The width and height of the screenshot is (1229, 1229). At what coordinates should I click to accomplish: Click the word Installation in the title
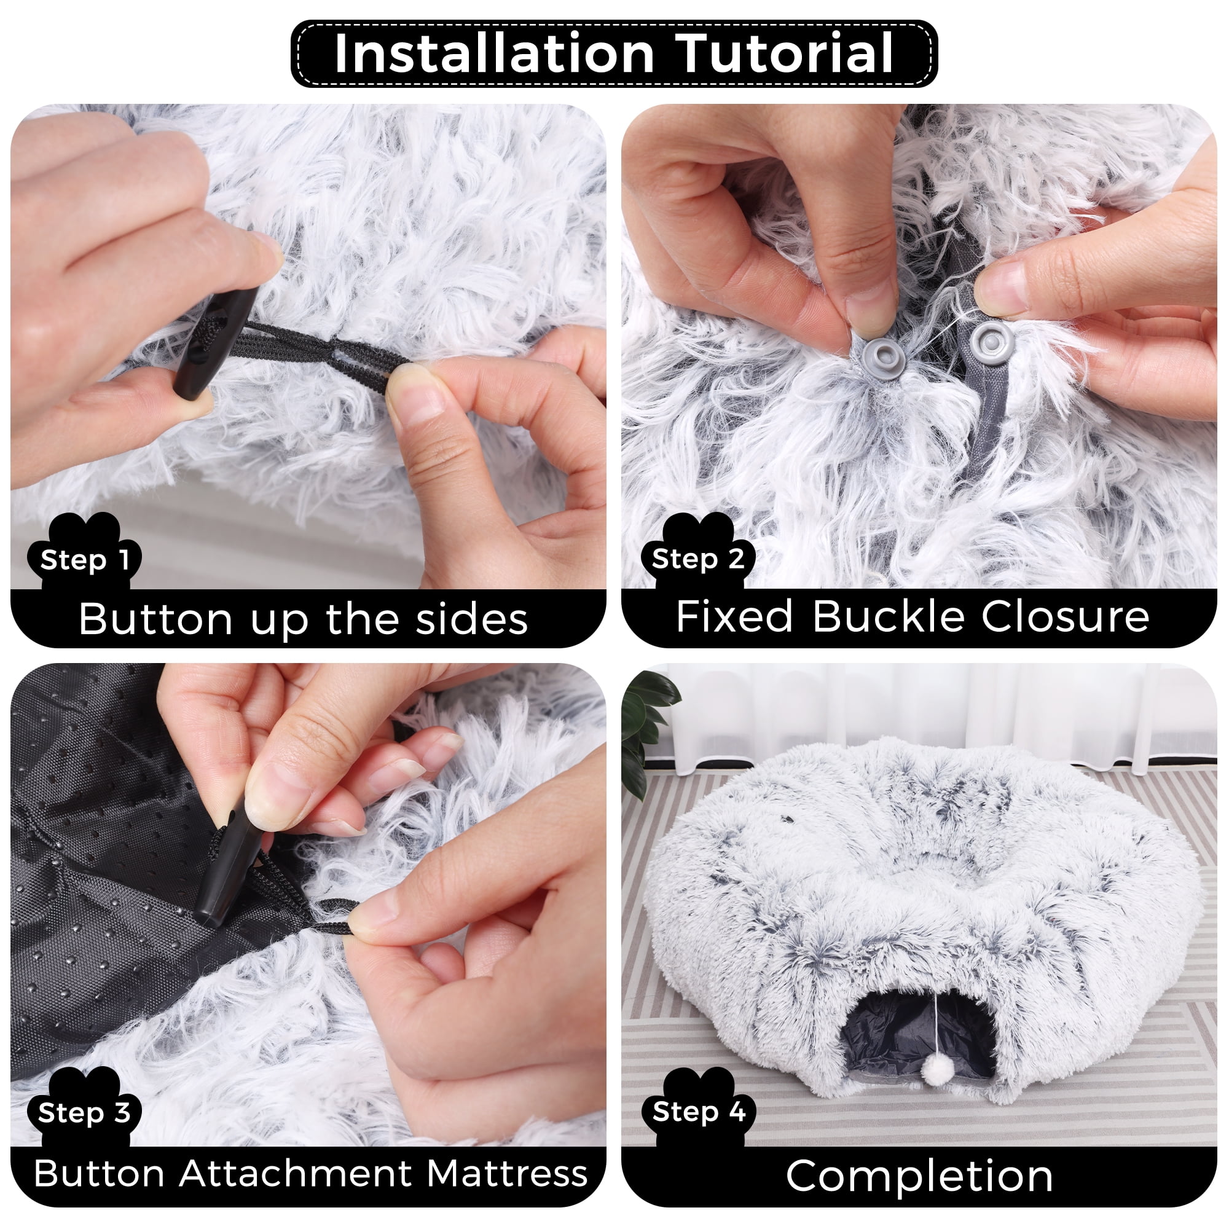[494, 53]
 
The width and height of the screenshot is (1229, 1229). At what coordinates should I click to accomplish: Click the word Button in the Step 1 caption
[156, 618]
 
